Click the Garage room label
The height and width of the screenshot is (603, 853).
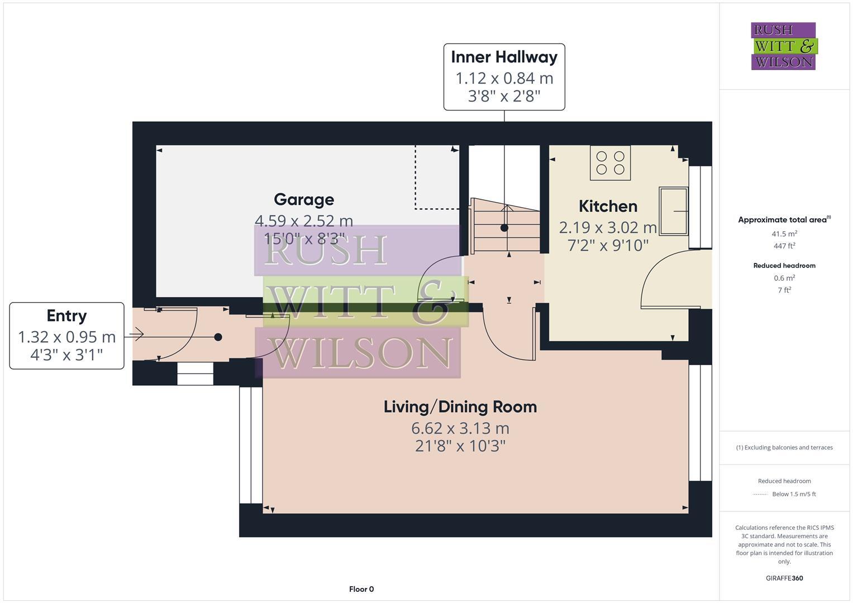(x=304, y=199)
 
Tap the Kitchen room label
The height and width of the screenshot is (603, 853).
(x=608, y=206)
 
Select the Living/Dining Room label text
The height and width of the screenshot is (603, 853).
(x=460, y=406)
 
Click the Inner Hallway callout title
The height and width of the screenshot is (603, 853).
(x=504, y=57)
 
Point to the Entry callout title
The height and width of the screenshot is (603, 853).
(x=66, y=315)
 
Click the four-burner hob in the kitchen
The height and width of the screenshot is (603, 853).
(x=610, y=162)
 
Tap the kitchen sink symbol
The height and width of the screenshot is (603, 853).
(x=674, y=211)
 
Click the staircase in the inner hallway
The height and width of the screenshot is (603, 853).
(x=506, y=223)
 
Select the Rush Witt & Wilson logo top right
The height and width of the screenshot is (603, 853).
(x=783, y=46)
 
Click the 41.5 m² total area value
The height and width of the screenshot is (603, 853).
(x=784, y=234)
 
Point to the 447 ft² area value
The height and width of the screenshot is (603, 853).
(x=784, y=246)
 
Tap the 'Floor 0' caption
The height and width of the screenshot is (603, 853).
(x=361, y=589)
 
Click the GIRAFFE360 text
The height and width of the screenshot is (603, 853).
(x=784, y=578)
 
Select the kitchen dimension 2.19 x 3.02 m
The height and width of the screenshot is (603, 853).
(x=608, y=227)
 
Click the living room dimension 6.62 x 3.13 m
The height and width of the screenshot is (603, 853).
(x=460, y=428)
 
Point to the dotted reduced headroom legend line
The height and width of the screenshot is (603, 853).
(x=761, y=494)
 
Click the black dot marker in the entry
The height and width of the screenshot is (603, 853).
(x=218, y=337)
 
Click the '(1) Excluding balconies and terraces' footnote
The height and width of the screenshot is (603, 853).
(x=784, y=447)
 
